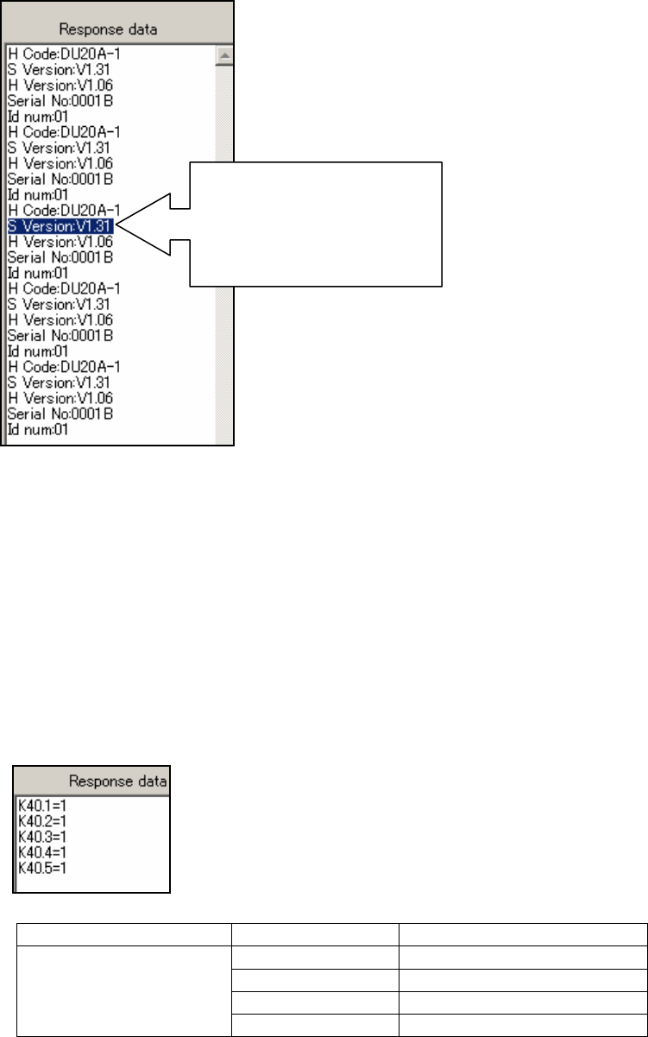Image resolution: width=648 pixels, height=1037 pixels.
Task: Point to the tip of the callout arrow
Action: point(118,226)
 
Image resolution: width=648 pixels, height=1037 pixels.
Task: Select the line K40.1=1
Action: point(41,805)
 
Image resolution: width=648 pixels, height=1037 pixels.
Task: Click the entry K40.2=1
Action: point(41,820)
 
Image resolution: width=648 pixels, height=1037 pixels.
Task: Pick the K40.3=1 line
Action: point(41,836)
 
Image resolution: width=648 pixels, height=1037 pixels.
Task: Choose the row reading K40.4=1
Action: point(41,851)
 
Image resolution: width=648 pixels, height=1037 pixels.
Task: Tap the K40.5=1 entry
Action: point(41,866)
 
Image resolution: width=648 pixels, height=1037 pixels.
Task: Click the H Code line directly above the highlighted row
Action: point(63,211)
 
